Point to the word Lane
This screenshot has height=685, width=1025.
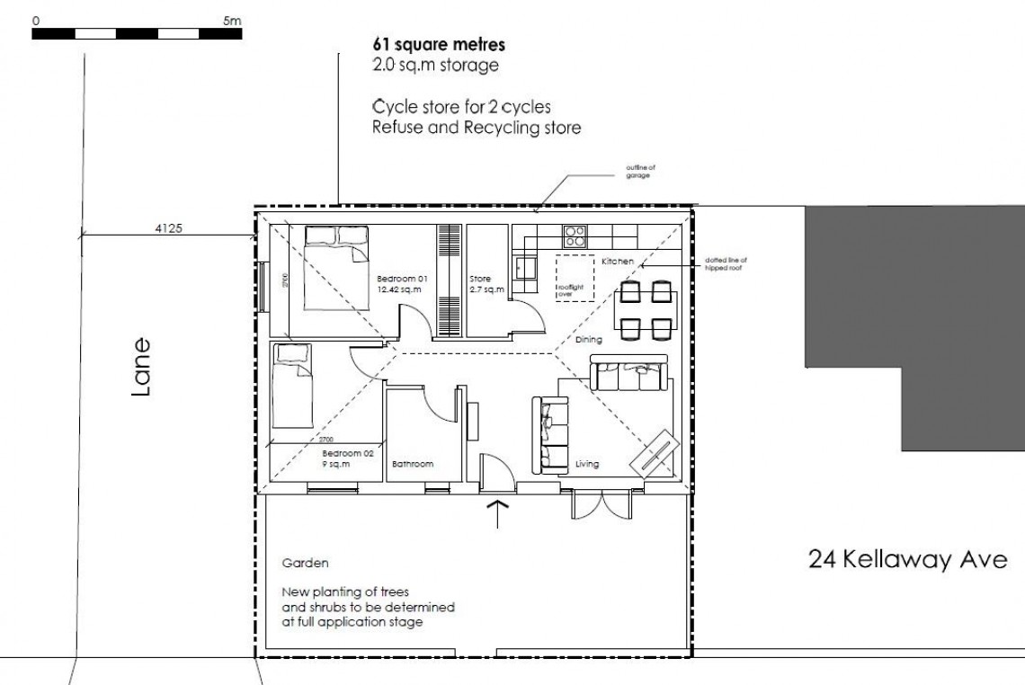pyautogui.click(x=140, y=368)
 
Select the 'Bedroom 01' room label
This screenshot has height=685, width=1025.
pyautogui.click(x=401, y=279)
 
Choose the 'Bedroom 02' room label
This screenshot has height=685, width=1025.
pyautogui.click(x=347, y=453)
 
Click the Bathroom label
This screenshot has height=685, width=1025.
pyautogui.click(x=413, y=465)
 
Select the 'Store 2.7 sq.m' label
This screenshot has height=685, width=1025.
pyautogui.click(x=486, y=284)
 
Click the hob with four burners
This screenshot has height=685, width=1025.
pyautogui.click(x=575, y=236)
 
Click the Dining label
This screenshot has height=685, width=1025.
pyautogui.click(x=589, y=340)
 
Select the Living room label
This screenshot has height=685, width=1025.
pyautogui.click(x=587, y=465)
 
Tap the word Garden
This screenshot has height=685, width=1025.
pyautogui.click(x=305, y=564)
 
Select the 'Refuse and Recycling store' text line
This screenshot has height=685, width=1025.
pyautogui.click(x=477, y=128)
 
